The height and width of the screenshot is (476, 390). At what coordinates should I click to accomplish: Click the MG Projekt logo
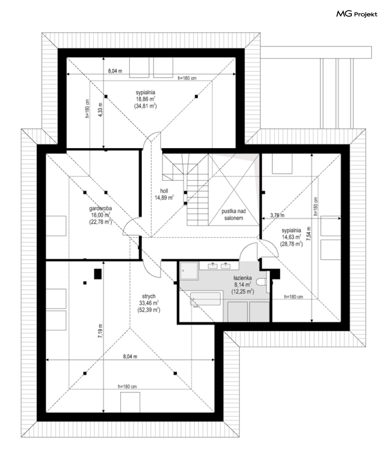pos(357,14)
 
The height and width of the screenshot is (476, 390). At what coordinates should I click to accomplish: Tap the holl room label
pos(164,191)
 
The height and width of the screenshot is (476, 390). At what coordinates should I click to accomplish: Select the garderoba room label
pos(100,208)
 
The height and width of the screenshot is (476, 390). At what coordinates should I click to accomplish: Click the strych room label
pos(149,296)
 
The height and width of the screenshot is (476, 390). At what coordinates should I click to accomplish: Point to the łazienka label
pos(243,278)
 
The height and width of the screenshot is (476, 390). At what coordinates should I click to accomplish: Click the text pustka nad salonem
pos(234,214)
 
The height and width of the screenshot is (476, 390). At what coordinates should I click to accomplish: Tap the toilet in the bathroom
pos(262,282)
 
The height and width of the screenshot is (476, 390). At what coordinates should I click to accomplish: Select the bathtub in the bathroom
pos(205,299)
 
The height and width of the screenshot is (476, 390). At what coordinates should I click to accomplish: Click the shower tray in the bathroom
pos(189,271)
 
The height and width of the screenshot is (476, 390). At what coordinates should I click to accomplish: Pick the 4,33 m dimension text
pos(100,110)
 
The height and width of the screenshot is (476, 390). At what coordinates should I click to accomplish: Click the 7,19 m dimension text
pos(100,331)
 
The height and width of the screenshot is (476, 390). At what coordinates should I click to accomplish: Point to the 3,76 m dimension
pos(278,215)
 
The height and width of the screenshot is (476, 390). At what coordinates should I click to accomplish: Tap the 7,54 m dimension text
pos(309,234)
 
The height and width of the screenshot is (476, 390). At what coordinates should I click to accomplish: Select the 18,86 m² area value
pos(145,99)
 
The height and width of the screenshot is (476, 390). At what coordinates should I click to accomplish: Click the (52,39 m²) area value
pos(149,310)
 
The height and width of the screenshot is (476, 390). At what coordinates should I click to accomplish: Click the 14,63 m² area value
pos(291,237)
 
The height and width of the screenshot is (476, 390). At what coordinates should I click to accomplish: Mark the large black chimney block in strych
pos(98,274)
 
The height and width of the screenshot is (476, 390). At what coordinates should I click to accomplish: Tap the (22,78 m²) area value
pos(100,222)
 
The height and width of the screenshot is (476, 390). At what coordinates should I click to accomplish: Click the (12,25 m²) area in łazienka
pos(243,291)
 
